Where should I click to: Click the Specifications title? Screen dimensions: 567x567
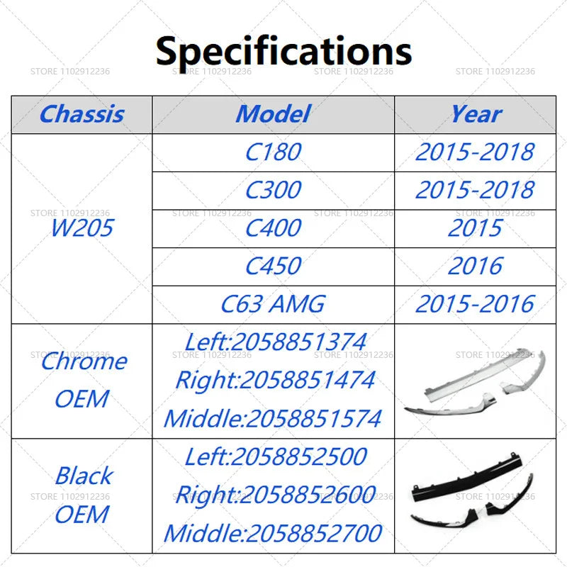(283, 50)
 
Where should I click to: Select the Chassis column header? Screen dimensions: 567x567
(82, 114)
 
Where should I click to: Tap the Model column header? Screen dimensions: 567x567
(273, 114)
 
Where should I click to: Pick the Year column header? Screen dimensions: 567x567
(476, 114)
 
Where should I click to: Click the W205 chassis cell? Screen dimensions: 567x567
(82, 228)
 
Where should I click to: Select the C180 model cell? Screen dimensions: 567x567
(273, 152)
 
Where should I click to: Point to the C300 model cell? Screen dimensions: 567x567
(273, 190)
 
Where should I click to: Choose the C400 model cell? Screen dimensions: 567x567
(273, 228)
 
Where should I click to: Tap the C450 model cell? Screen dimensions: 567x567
(273, 266)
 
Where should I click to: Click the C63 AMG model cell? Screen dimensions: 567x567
(273, 304)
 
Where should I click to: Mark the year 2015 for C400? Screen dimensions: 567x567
(476, 228)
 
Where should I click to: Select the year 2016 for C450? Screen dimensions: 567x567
(476, 266)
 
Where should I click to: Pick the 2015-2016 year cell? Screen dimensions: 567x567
(476, 304)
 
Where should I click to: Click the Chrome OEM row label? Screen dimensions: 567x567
(82, 380)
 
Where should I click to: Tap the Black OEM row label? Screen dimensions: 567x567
(82, 495)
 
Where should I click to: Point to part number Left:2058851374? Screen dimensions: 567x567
(276, 342)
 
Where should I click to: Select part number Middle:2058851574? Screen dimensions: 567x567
(273, 418)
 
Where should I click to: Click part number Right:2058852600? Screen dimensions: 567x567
(276, 495)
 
